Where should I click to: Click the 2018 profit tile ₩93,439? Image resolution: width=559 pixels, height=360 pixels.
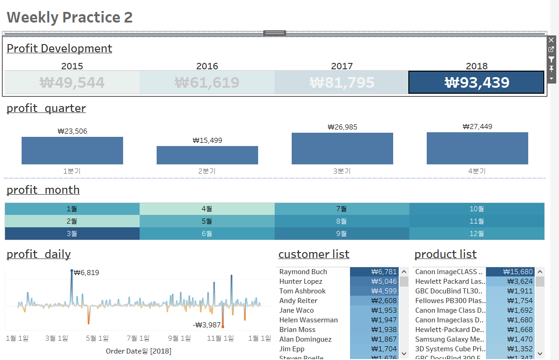[x=477, y=82]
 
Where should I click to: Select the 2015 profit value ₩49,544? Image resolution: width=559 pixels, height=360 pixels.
[x=72, y=83]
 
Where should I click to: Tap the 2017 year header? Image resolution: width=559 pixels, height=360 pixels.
[x=342, y=66]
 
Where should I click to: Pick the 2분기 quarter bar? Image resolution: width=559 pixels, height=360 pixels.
[x=207, y=155]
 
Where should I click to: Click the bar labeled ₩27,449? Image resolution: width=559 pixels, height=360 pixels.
[x=477, y=148]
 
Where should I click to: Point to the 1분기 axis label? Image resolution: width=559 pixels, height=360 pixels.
[x=72, y=171]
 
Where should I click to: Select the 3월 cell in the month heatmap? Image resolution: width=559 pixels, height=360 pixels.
[x=72, y=233]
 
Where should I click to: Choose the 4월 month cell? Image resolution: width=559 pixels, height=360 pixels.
[x=207, y=208]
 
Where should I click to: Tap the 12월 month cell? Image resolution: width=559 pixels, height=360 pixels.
[x=477, y=233]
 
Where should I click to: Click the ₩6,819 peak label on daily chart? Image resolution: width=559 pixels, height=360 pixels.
[x=86, y=273]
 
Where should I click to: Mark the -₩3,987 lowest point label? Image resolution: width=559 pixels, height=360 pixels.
[x=207, y=325]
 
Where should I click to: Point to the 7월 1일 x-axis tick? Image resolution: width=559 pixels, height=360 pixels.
[x=138, y=338]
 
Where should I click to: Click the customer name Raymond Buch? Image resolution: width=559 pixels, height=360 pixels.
[x=303, y=272]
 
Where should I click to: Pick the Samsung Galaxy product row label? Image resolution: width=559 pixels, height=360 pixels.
[x=449, y=339]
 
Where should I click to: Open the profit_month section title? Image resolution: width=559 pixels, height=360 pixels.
[x=43, y=190]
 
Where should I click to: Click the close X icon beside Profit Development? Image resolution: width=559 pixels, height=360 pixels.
[x=551, y=40]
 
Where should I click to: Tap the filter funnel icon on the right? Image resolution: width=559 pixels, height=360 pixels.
[x=551, y=59]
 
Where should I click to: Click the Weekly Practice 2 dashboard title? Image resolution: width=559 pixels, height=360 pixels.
[x=70, y=17]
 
